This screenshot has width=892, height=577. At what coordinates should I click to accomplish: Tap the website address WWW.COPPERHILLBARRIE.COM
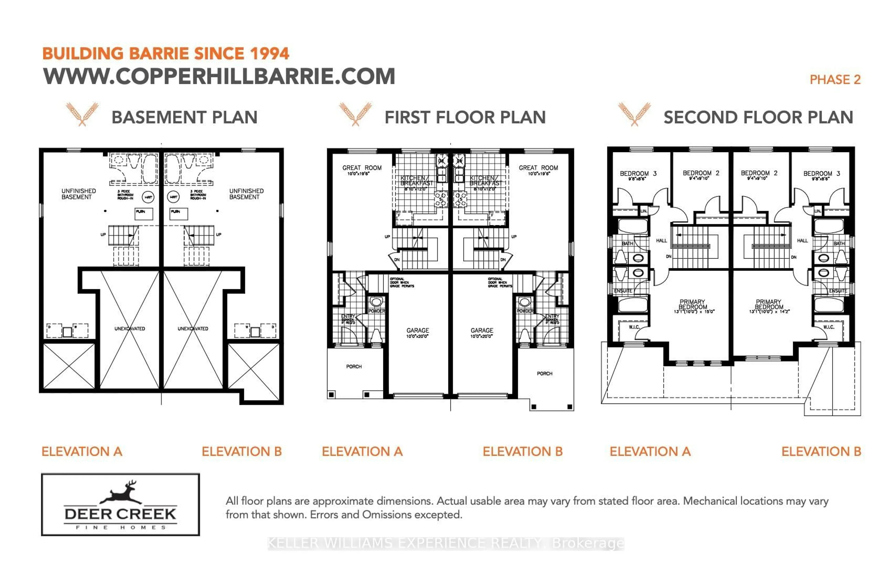coord(219,76)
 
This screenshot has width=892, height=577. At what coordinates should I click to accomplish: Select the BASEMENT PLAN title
coord(184,117)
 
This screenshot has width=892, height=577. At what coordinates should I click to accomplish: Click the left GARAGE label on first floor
coord(417,330)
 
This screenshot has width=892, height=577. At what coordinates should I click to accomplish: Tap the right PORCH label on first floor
coord(544,374)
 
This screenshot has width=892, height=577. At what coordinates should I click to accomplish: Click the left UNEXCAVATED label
coord(130,329)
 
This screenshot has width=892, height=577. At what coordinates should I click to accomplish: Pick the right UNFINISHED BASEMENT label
coord(246,194)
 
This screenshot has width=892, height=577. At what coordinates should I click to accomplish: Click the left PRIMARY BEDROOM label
coord(692,304)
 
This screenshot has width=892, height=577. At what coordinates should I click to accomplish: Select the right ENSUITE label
coord(838,291)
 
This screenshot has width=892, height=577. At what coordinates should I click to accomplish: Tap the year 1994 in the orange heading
coord(269,54)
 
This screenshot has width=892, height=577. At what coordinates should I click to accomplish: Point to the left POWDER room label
coord(376,311)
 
